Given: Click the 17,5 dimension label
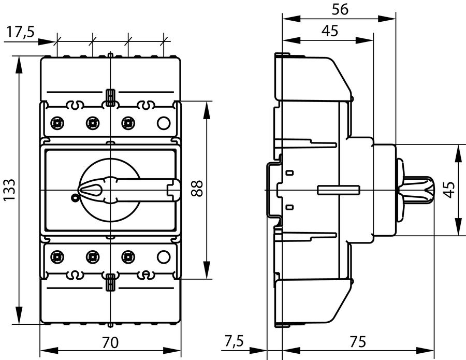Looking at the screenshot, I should coord(20,32).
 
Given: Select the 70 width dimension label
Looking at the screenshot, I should coord(110,342).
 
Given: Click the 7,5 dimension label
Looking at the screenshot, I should coord(234,342).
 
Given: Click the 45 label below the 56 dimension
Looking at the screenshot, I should coord(329,31).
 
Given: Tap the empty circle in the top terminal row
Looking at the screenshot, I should coord(163,123).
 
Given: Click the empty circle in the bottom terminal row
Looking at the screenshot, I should coord(163,255).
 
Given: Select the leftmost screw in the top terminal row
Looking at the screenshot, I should coord(57,123).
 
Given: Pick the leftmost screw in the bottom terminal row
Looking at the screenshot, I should coord(57,255).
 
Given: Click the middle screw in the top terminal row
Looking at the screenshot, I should coord(93,123).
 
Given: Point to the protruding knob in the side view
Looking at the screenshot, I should coord(417,190).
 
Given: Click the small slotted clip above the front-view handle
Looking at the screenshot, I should coord(110,96).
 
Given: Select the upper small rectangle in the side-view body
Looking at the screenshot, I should coord(290,172).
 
